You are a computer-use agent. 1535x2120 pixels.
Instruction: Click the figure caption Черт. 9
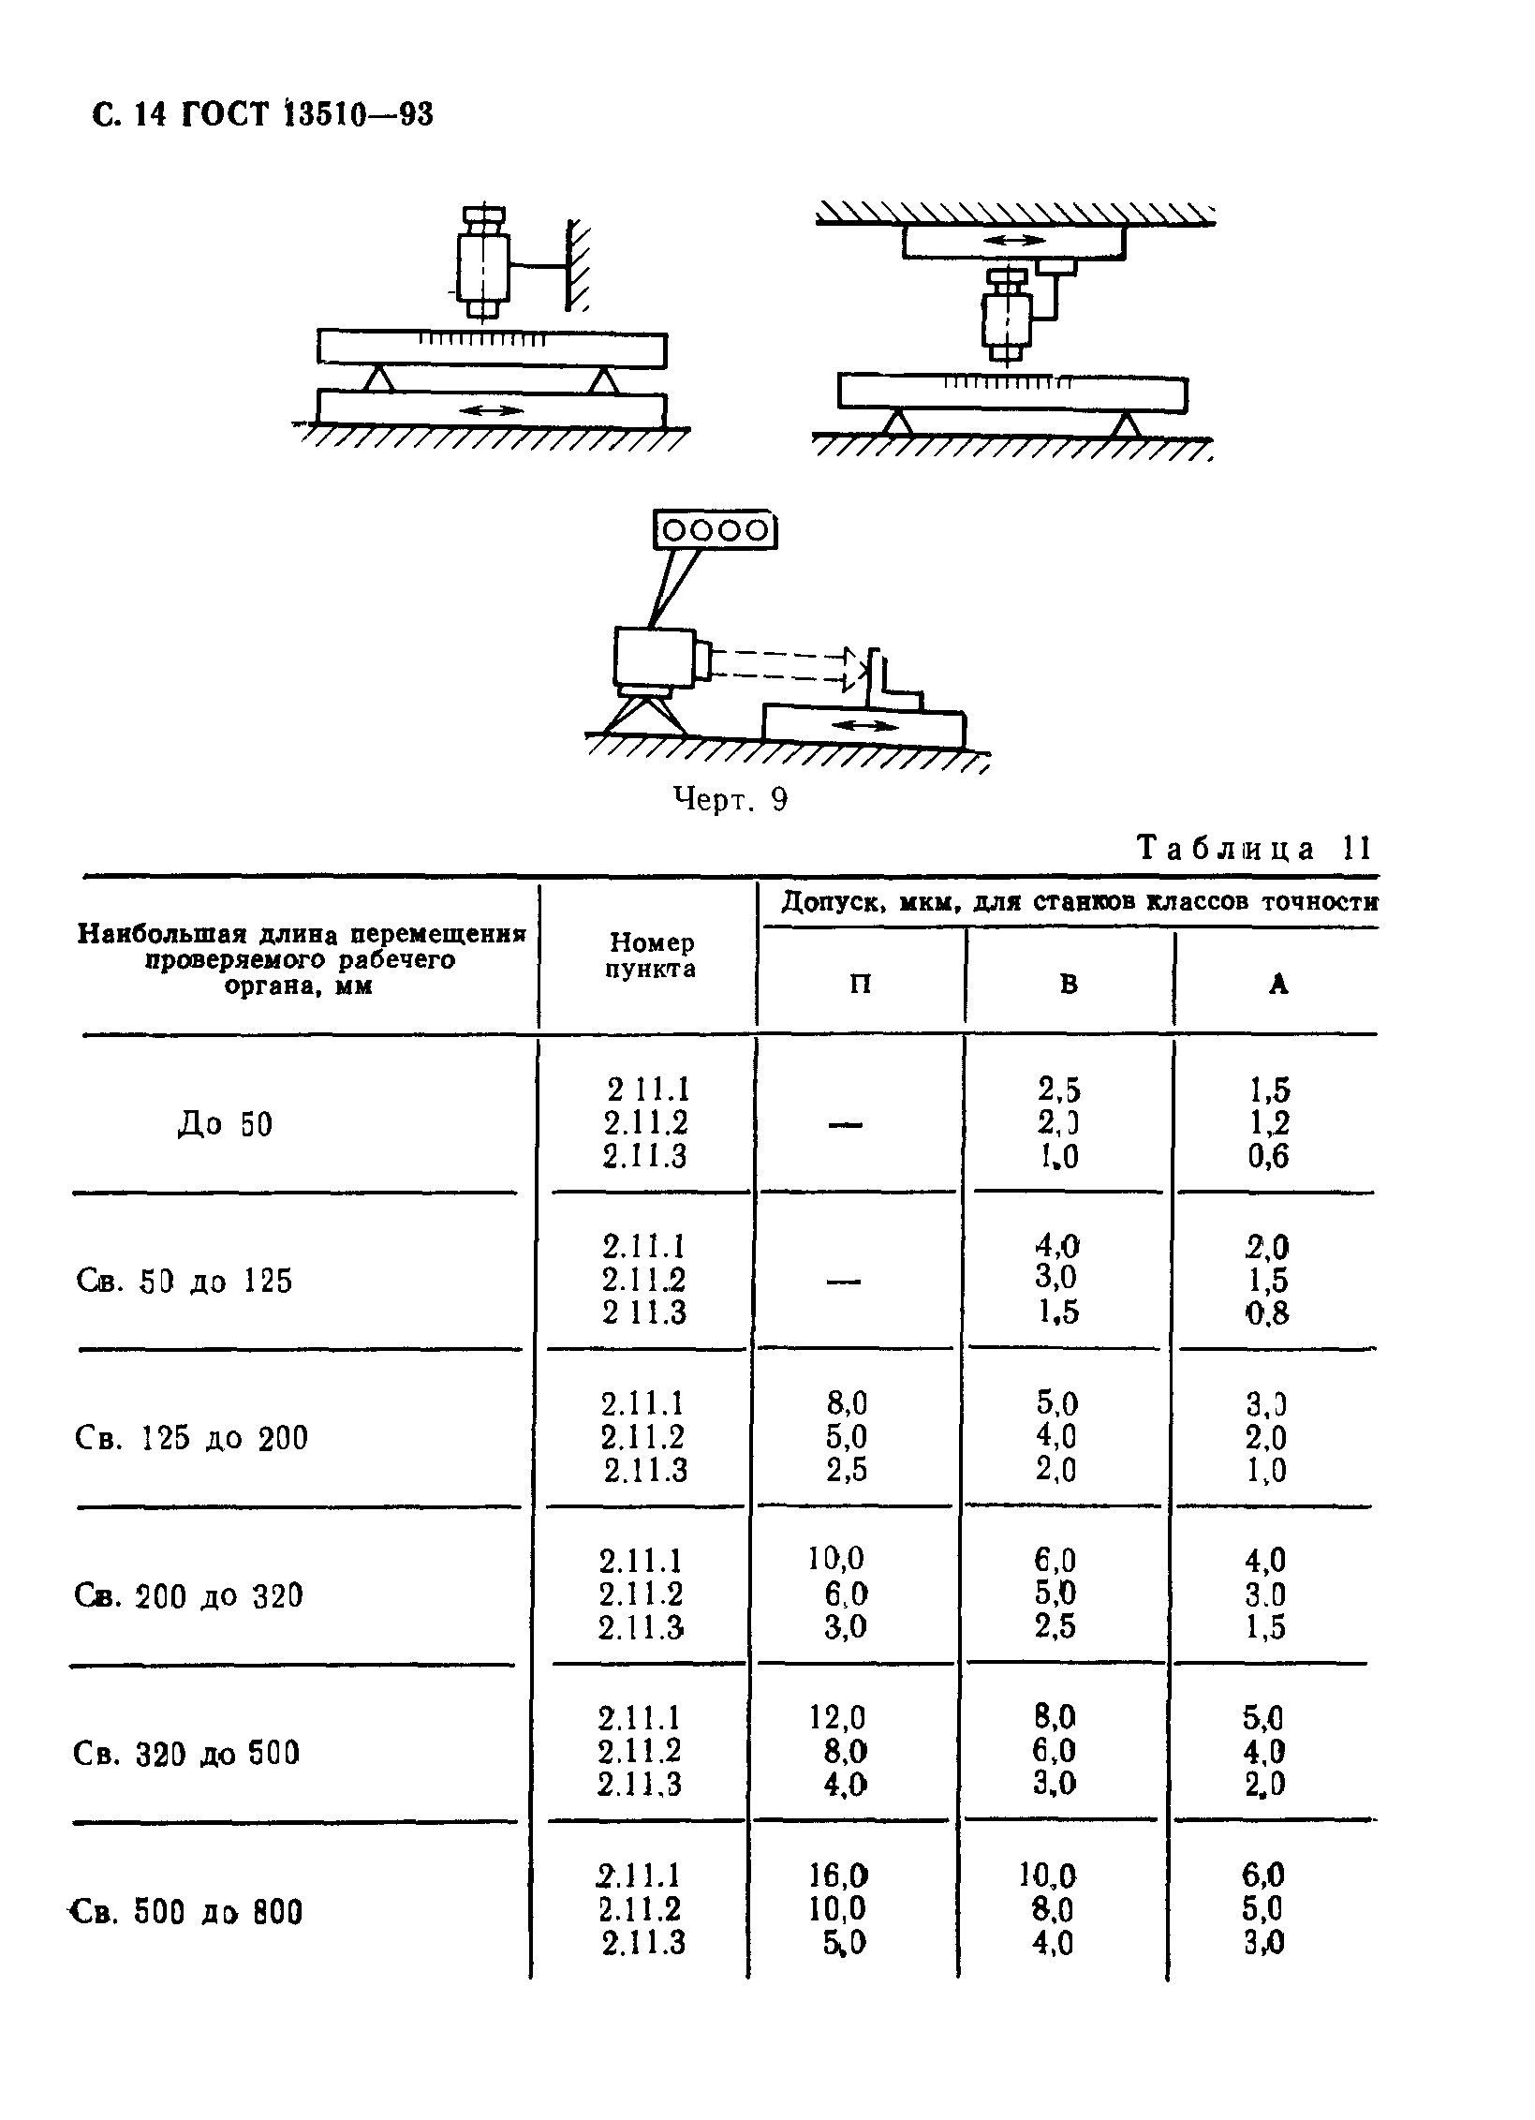(731, 799)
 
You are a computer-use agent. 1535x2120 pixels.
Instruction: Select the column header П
(859, 984)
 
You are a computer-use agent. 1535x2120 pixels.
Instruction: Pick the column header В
(1069, 984)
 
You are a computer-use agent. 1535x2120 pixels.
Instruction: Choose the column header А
(1278, 984)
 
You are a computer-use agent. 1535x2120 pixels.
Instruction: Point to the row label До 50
(226, 1123)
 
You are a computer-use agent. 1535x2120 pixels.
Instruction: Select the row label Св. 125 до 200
(191, 1437)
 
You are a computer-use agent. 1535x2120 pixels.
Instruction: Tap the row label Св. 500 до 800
(187, 1911)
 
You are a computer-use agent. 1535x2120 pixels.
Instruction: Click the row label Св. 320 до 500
(186, 1753)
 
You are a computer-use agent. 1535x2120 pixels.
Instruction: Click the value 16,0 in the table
(838, 1875)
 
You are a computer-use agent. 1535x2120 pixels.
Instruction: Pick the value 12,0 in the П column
(837, 1717)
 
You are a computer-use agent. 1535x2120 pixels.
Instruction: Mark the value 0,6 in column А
(1268, 1157)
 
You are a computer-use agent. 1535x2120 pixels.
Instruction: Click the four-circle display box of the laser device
(716, 530)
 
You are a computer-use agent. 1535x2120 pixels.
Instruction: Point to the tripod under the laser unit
(642, 712)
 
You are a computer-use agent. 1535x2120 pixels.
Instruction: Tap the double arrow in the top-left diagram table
(493, 409)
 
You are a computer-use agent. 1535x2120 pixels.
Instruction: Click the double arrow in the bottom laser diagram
(863, 725)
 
